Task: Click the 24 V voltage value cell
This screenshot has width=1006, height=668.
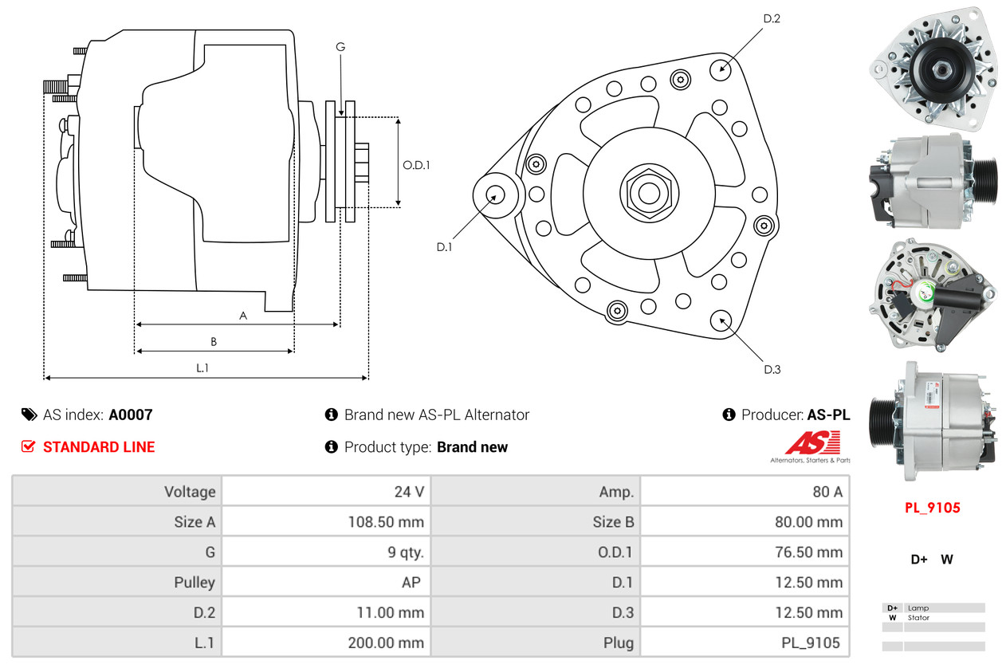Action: (x=409, y=492)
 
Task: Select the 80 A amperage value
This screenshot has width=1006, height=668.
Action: (x=827, y=492)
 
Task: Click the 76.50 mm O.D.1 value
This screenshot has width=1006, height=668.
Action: (x=808, y=552)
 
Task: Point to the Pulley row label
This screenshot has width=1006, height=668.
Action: (x=195, y=583)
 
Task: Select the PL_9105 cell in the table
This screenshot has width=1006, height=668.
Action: (x=811, y=642)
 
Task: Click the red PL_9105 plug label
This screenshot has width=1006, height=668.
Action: (x=932, y=508)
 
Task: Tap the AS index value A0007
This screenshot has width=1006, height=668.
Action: (x=130, y=415)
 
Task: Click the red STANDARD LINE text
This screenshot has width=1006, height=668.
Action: (x=99, y=447)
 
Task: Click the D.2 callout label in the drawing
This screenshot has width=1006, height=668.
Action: (x=772, y=18)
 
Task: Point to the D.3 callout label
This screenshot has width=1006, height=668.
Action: (x=772, y=369)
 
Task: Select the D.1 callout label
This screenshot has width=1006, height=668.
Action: (x=444, y=247)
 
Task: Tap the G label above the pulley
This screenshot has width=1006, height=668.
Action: (x=340, y=47)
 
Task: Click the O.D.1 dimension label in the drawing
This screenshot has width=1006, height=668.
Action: (x=416, y=166)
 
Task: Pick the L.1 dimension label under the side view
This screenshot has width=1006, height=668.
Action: (x=202, y=367)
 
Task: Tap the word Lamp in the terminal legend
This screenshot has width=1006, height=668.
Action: (x=918, y=608)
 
